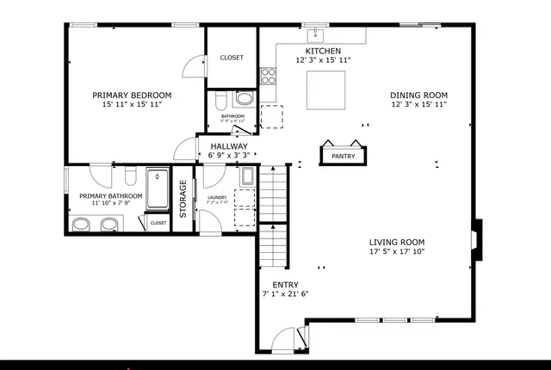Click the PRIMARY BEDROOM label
point(132,95)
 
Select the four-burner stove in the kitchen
point(268,76)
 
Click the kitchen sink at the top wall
point(316,34)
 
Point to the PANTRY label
point(344,156)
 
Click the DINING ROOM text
point(418,95)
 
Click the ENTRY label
point(285,284)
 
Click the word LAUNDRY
point(217,198)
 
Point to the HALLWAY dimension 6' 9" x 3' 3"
point(229,157)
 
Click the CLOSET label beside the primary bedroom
point(232,58)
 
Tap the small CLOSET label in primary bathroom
point(158,223)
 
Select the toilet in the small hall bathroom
point(221,97)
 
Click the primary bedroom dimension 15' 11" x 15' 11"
point(132,104)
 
